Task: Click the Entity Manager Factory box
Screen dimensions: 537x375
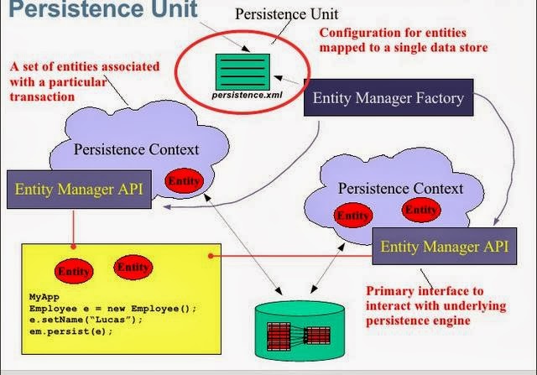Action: [x=388, y=97]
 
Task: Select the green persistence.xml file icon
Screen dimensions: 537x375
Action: [x=242, y=72]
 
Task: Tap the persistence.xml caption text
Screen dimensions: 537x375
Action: [x=247, y=95]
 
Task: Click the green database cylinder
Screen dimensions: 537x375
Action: [x=300, y=331]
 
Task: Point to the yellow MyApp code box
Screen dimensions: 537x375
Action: [x=121, y=299]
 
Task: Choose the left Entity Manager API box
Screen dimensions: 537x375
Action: [x=79, y=190]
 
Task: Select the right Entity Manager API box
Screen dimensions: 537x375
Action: [x=445, y=247]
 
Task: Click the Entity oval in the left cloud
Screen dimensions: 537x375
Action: [x=185, y=180]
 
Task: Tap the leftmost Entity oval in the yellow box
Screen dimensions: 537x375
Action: [x=74, y=271]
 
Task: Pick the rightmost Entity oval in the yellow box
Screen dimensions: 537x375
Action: [x=133, y=267]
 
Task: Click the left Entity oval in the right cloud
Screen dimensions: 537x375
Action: [x=353, y=215]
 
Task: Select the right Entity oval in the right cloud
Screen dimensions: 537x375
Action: [x=421, y=210]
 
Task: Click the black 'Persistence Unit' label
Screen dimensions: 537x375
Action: [x=287, y=14]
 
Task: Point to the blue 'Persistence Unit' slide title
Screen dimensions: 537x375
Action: [x=103, y=8]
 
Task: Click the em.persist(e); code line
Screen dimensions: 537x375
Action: [x=70, y=331]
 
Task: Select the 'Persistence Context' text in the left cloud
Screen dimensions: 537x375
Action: [x=136, y=149]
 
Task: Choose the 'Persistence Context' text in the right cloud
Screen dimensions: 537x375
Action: [x=401, y=189]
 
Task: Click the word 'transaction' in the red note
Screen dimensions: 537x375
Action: [x=42, y=96]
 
